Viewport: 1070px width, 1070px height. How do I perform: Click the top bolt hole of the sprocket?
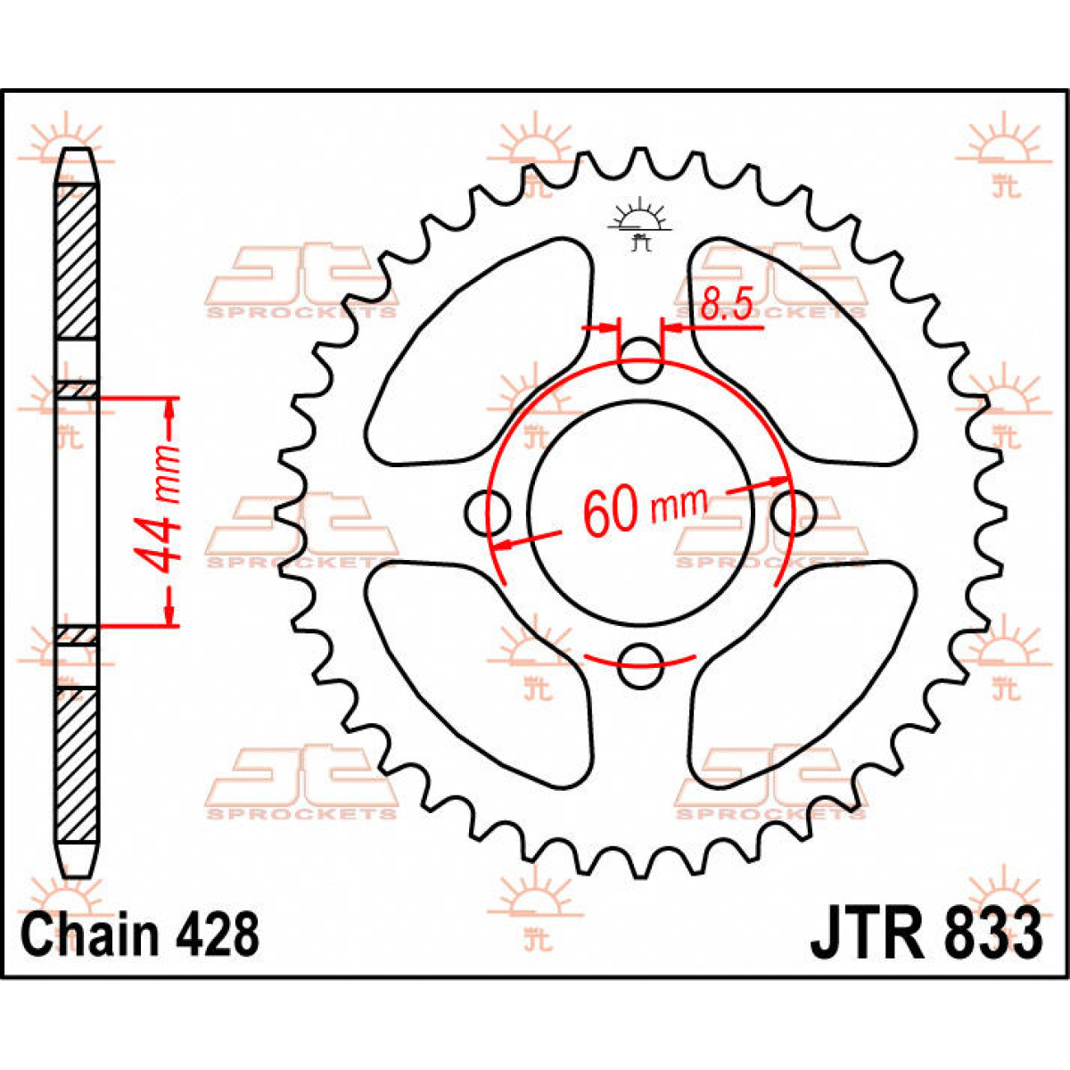click(x=641, y=359)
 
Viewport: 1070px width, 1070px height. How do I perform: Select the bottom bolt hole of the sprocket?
click(x=641, y=666)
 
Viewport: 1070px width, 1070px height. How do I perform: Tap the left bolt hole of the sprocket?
click(x=487, y=513)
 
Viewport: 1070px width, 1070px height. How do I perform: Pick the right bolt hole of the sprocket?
click(x=794, y=513)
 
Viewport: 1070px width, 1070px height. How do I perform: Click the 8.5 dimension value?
click(x=726, y=304)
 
